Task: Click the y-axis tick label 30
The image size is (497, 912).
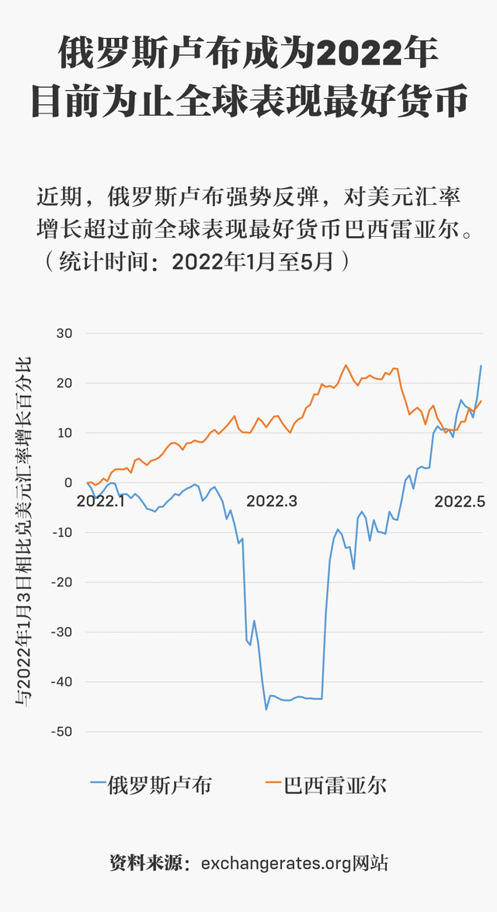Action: point(63,333)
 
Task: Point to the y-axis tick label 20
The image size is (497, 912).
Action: point(63,383)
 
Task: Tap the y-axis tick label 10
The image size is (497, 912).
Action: point(63,433)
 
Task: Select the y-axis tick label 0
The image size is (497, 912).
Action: point(68,482)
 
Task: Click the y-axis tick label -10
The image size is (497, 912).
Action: point(61,532)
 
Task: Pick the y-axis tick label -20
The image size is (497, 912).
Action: point(61,582)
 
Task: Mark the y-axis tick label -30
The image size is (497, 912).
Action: point(61,632)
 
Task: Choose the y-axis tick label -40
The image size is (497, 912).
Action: point(61,681)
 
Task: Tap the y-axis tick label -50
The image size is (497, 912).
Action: point(61,731)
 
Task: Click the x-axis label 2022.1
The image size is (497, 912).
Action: point(101,501)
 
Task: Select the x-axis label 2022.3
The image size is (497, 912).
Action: point(272,501)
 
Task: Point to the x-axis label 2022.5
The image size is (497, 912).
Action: point(460,501)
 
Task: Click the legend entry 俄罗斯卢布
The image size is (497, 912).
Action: point(159,785)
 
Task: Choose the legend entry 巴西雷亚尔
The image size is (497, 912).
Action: point(334,785)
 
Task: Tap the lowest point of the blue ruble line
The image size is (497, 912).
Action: point(266,708)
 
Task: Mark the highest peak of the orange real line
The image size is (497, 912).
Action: point(346,365)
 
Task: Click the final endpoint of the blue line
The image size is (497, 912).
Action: point(481,365)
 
